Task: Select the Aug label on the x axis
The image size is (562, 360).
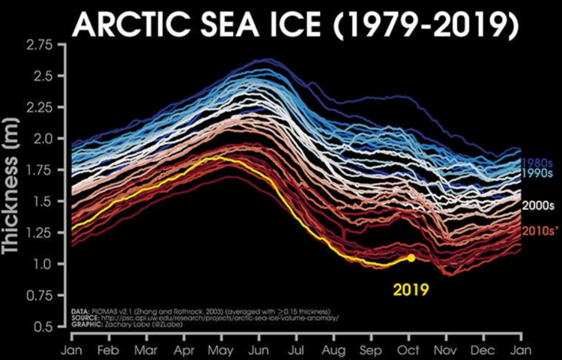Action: click(334, 350)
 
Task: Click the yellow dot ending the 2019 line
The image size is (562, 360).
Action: click(411, 257)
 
